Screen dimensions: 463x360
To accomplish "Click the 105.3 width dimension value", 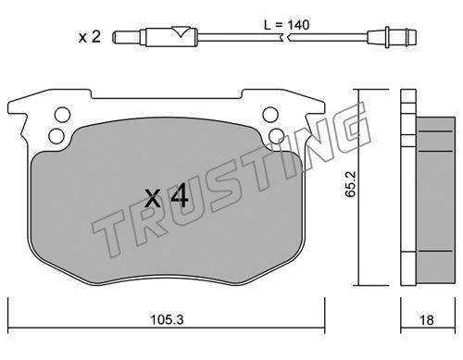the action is (167, 320).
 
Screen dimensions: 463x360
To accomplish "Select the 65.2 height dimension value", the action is (351, 184).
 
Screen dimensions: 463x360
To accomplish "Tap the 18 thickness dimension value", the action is (426, 320).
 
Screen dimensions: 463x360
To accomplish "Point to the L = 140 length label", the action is (287, 25).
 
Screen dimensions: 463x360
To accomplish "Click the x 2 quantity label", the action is (90, 37).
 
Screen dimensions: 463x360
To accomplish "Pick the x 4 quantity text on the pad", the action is (167, 195).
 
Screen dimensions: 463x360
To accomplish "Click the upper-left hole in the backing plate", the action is (62, 115).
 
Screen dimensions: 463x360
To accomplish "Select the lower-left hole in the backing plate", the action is (56, 136).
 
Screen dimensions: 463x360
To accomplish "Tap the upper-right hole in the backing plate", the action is (270, 115).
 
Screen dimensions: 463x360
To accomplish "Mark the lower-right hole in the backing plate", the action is (276, 136).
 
